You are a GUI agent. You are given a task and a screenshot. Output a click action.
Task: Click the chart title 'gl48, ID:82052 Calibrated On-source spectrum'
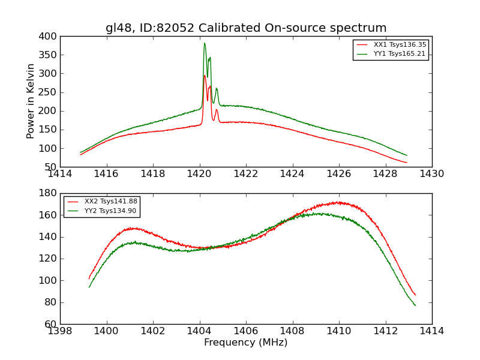pyautogui.click(x=246, y=28)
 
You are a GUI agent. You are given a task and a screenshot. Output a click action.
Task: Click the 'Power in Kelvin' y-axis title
pyautogui.click(x=31, y=101)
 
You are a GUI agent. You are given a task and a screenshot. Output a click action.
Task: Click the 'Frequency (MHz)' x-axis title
pyautogui.click(x=246, y=343)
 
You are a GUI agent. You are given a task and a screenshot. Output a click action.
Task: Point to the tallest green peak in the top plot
pyautogui.click(x=204, y=43)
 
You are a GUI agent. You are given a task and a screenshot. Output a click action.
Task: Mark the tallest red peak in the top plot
pyautogui.click(x=205, y=75)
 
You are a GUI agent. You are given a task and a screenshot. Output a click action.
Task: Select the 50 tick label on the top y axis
pyautogui.click(x=51, y=167)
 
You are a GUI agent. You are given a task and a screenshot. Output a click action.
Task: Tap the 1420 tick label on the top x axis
pyautogui.click(x=200, y=174)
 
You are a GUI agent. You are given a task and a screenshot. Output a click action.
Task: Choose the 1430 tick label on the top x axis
pyautogui.click(x=432, y=174)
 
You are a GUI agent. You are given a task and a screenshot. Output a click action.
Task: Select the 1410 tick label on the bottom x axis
pyautogui.click(x=339, y=331)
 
